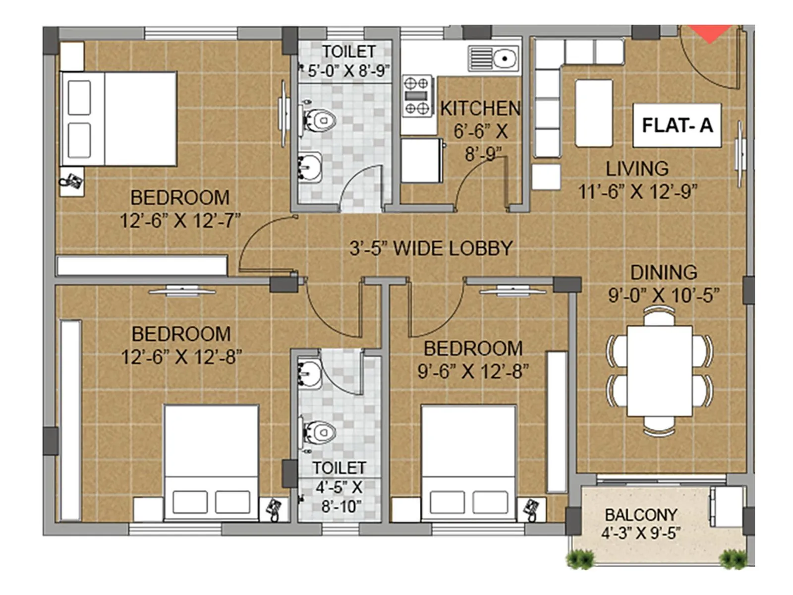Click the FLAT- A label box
[677, 125]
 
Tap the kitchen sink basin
[505, 59]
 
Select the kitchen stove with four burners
[417, 96]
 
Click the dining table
[659, 371]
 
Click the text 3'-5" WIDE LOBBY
[431, 248]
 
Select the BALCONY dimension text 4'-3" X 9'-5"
[640, 534]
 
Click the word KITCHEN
[480, 109]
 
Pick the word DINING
[663, 272]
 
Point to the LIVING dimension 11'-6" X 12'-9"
[637, 191]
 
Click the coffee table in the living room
[594, 113]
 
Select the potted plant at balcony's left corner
[580, 559]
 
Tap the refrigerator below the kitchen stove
[421, 161]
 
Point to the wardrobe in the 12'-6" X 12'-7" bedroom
[142, 265]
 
